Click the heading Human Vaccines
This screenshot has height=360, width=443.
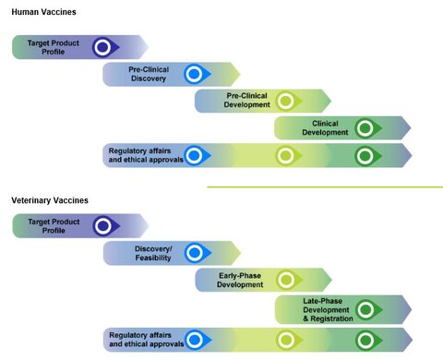coord(43,12)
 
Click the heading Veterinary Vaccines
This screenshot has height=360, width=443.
coord(50,199)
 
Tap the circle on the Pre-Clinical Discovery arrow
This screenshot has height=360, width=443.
coord(194,74)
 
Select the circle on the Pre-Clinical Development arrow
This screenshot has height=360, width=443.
coord(285,101)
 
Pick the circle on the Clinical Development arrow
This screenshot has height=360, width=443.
coord(365,127)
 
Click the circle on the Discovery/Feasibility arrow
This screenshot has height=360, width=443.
coord(194,253)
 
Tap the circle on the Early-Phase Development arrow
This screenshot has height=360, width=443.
coord(285,280)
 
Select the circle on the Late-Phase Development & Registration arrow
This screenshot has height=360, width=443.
coord(365,309)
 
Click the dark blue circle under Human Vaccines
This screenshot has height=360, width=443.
coord(102,47)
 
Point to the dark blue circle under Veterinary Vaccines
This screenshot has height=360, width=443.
coord(102,226)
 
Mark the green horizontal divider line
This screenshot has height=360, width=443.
coord(323,186)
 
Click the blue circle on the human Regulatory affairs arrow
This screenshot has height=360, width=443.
coord(194,155)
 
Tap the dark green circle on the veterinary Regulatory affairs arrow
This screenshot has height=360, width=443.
coord(365,340)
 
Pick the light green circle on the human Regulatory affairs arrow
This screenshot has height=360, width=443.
coord(285,155)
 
